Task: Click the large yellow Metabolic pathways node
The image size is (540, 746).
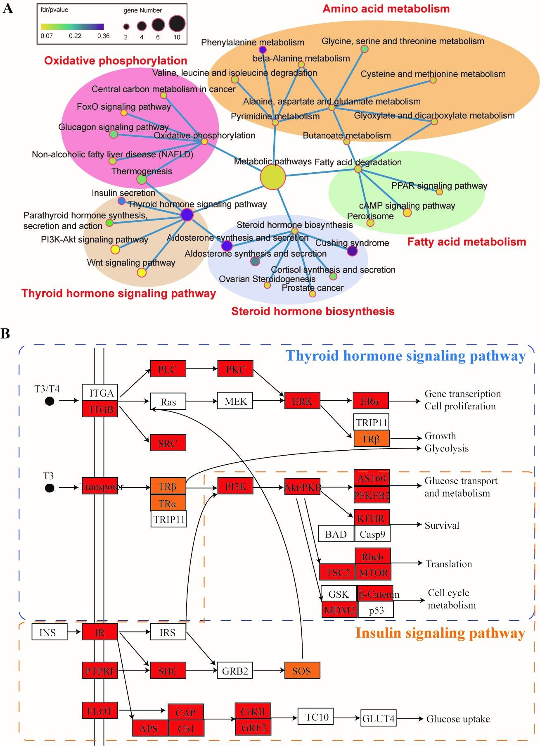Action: pyautogui.click(x=272, y=177)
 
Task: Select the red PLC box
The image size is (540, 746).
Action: pyautogui.click(x=168, y=369)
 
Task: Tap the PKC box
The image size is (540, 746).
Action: pyautogui.click(x=235, y=369)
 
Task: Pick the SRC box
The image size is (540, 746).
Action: pyautogui.click(x=168, y=443)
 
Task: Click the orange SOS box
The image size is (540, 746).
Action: pyautogui.click(x=302, y=670)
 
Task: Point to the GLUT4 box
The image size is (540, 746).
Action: pyautogui.click(x=379, y=719)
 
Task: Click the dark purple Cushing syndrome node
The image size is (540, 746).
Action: pyautogui.click(x=352, y=251)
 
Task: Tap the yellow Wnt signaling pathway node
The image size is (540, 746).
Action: pyautogui.click(x=142, y=272)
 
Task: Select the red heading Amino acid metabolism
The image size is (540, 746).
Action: pyautogui.click(x=386, y=9)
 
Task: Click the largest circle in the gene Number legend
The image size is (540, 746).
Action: pyautogui.click(x=177, y=24)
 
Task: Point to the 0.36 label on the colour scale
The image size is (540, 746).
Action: pyautogui.click(x=103, y=36)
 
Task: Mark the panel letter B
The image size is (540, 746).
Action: pyautogui.click(x=5, y=334)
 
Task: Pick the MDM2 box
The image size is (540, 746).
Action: pyautogui.click(x=339, y=610)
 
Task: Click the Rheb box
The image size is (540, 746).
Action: pyautogui.click(x=373, y=556)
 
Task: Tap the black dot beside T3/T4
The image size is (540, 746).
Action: pyautogui.click(x=50, y=401)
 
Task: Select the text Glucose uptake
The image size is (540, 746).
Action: pyautogui.click(x=458, y=719)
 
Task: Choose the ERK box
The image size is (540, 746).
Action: pyautogui.click(x=302, y=401)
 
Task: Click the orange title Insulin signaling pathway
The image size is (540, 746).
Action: pyautogui.click(x=440, y=633)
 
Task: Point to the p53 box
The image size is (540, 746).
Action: pyautogui.click(x=376, y=610)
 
